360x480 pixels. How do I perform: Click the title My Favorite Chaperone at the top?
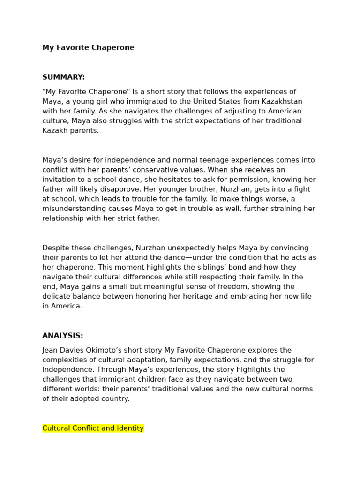pyautogui.click(x=88, y=48)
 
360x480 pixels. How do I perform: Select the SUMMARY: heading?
pyautogui.click(x=64, y=77)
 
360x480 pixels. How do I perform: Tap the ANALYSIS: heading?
pyautogui.click(x=63, y=336)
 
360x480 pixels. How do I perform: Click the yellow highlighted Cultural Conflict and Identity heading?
pyautogui.click(x=93, y=428)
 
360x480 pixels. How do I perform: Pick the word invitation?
pyautogui.click(x=61, y=180)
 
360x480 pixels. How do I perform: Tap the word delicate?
pyautogui.click(x=57, y=297)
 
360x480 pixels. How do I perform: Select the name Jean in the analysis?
pyautogui.click(x=51, y=351)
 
